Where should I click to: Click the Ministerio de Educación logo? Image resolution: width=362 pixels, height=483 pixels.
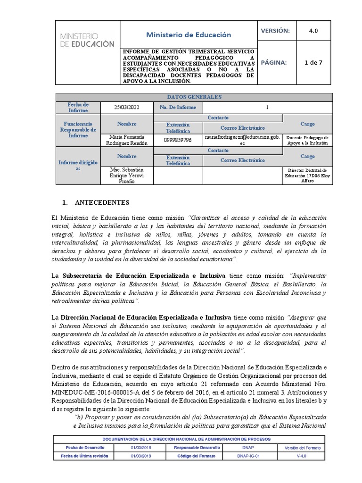87,40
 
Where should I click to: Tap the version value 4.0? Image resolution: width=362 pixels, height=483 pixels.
313,30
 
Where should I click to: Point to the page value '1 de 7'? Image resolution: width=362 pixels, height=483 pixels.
313,62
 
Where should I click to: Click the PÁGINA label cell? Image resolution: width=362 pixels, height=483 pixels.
274,62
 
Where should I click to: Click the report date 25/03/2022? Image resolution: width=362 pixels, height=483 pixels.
127,107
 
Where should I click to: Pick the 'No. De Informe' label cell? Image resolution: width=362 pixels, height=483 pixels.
178,107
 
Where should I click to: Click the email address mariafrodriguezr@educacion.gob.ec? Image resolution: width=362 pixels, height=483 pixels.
242,140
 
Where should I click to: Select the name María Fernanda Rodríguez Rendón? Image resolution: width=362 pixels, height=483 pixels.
127,140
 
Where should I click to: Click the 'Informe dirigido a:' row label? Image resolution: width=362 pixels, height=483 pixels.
78,165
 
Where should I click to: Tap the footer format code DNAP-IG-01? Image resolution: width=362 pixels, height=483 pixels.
246,456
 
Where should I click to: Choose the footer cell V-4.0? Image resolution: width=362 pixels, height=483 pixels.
302,456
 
